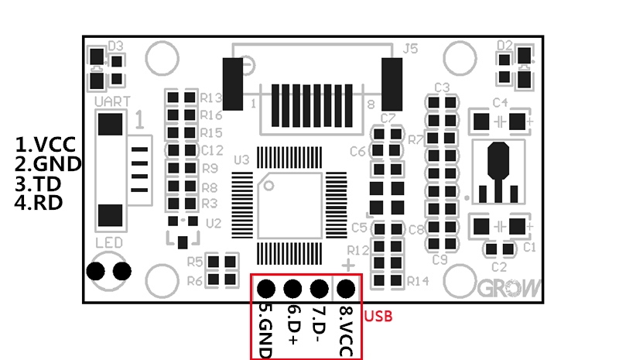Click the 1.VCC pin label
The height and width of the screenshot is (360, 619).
pyautogui.click(x=47, y=146)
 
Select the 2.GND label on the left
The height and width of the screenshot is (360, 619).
pyautogui.click(x=49, y=164)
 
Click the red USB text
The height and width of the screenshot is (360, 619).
pyautogui.click(x=379, y=316)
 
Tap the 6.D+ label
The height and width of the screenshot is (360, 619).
pyautogui.click(x=293, y=325)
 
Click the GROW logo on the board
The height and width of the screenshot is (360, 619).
pyautogui.click(x=511, y=289)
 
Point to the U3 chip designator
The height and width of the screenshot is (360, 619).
pyautogui.click(x=241, y=159)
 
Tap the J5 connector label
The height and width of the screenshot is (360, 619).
pyautogui.click(x=411, y=49)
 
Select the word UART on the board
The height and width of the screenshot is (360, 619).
pyautogui.click(x=111, y=101)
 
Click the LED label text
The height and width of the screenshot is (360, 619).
pyautogui.click(x=109, y=244)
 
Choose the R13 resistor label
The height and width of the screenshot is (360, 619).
pyautogui.click(x=211, y=98)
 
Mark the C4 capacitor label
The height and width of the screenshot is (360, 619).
pyautogui.click(x=500, y=103)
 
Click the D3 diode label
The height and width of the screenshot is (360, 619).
pyautogui.click(x=117, y=45)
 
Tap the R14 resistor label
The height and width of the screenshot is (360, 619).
pyautogui.click(x=418, y=280)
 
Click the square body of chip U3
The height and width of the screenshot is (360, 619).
pyautogui.click(x=289, y=205)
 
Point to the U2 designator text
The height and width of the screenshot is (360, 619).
pyautogui.click(x=214, y=223)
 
